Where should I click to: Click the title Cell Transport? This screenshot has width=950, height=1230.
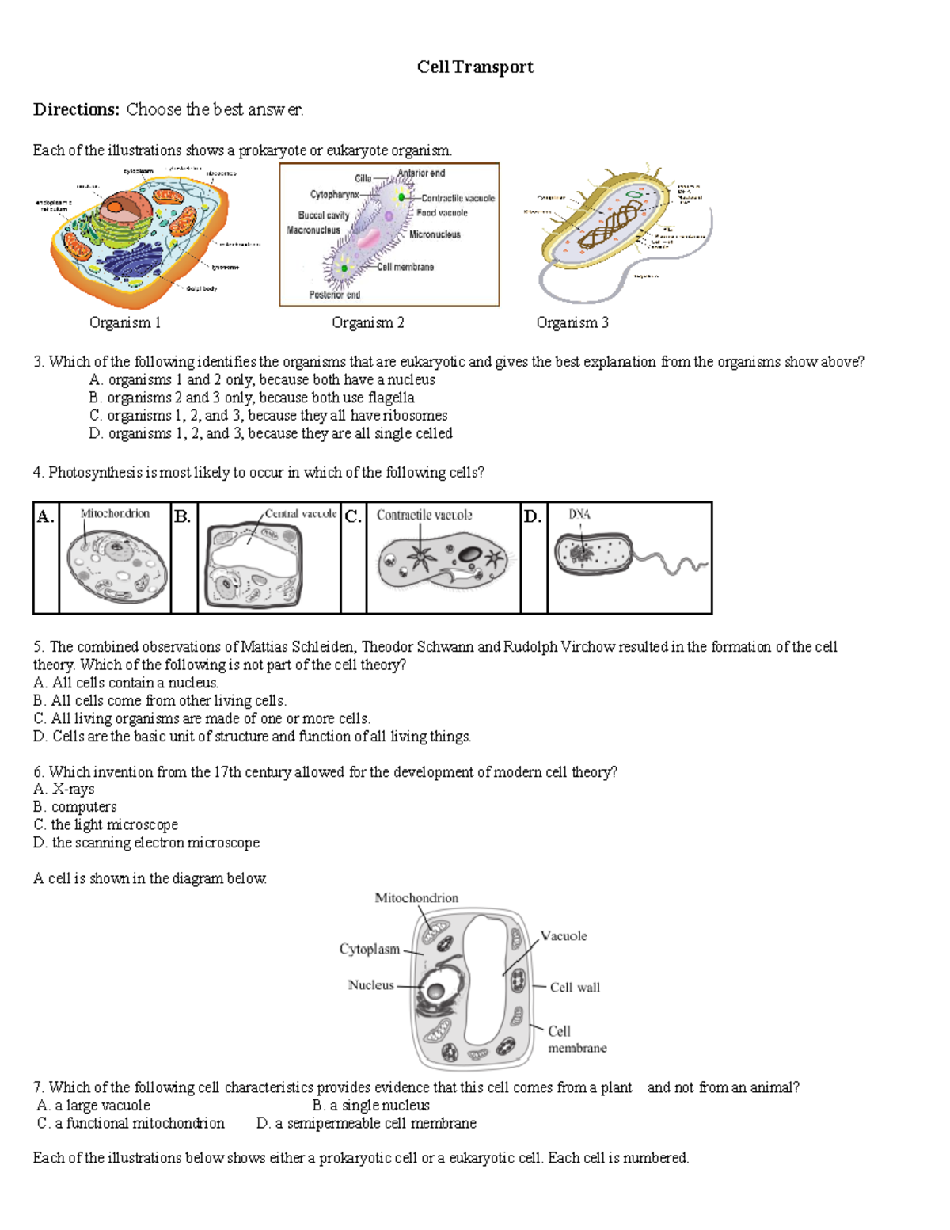(475, 67)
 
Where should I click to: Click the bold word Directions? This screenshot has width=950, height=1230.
(76, 109)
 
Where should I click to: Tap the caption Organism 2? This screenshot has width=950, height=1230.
(367, 322)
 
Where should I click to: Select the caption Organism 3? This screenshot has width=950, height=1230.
(572, 322)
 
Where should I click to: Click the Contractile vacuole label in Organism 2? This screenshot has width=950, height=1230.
(458, 198)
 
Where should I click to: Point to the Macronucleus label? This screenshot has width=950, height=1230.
(313, 230)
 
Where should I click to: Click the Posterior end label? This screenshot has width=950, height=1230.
(334, 295)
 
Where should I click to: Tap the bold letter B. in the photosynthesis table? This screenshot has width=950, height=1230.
(182, 517)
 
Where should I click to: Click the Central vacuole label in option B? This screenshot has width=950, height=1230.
(300, 514)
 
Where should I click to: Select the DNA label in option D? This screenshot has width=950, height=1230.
(579, 514)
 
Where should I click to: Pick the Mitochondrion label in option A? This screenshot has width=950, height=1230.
(115, 514)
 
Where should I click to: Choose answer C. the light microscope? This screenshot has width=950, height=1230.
(106, 824)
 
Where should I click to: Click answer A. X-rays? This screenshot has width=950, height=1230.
(64, 789)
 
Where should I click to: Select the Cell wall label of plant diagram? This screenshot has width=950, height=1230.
(575, 988)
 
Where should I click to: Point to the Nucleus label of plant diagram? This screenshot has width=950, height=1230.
(370, 985)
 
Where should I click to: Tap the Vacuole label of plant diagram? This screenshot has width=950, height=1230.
(564, 936)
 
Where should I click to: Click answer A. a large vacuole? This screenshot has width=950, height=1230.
(93, 1106)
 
